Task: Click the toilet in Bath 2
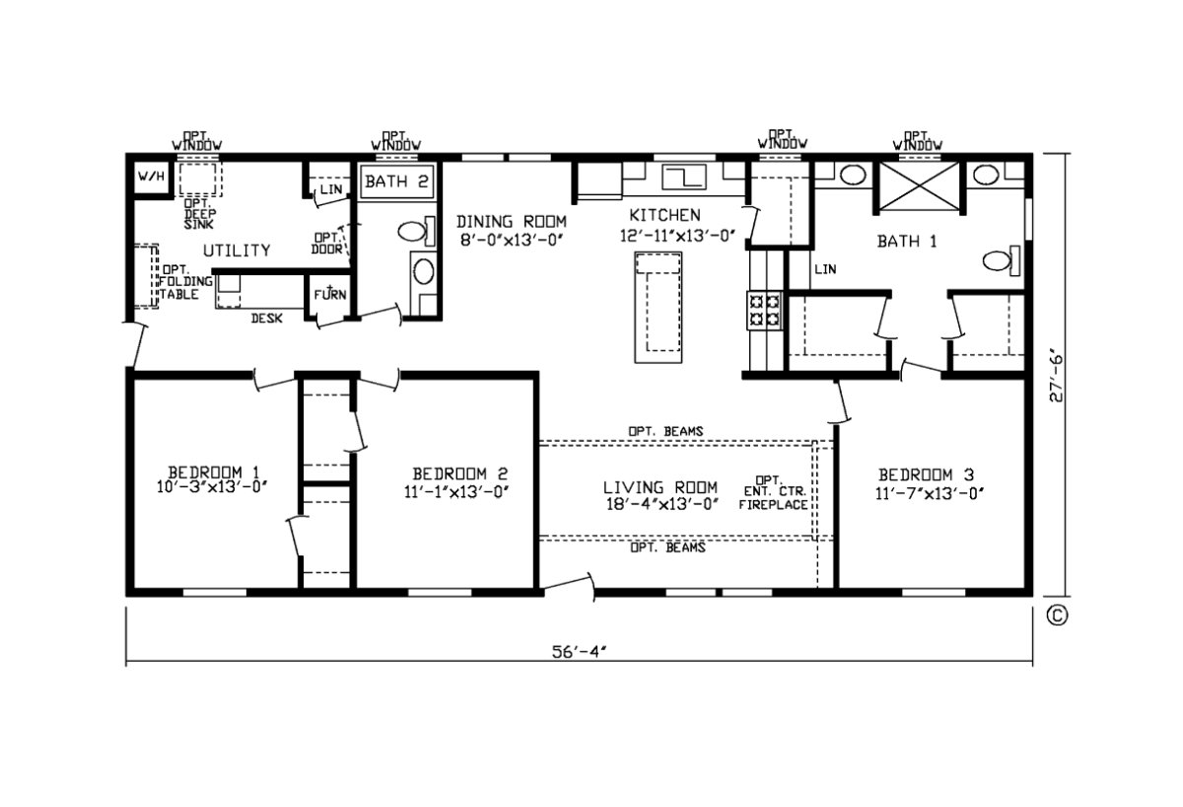(x=412, y=233)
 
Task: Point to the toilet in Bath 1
(x=999, y=261)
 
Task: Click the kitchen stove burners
(x=764, y=310)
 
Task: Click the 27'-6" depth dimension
(x=1056, y=377)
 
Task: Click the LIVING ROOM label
(x=661, y=487)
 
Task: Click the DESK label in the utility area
(x=267, y=319)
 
